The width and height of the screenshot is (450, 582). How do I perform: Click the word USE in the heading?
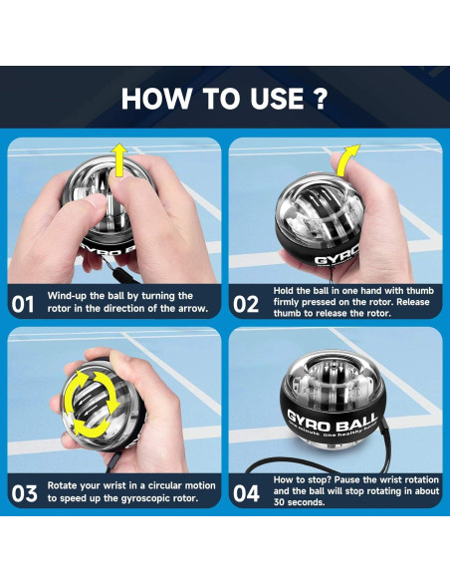tap(276, 99)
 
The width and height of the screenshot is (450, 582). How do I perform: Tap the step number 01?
tap(23, 304)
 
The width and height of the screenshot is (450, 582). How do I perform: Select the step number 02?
tap(246, 304)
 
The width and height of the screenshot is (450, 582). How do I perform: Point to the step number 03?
tap(24, 493)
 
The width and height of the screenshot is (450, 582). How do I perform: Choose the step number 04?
tap(246, 493)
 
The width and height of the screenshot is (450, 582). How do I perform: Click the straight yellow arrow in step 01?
tap(120, 160)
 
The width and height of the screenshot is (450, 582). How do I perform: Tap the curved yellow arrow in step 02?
tap(346, 160)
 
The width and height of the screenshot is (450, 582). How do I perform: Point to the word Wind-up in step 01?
tap(67, 296)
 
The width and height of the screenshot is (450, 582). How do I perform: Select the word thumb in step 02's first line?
tap(420, 290)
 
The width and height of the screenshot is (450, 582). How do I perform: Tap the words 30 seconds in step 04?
tap(299, 502)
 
